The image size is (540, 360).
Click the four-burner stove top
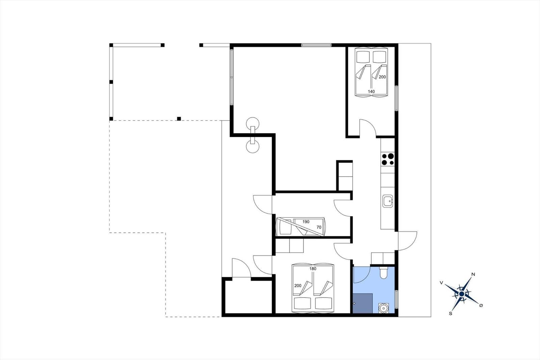388,159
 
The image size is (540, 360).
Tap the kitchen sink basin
388,201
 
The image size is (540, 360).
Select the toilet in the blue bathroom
383,273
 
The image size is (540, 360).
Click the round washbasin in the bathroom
383,308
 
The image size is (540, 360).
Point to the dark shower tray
363,303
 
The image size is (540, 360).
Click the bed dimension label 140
371,92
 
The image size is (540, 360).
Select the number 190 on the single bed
306,222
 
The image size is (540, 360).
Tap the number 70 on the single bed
319,227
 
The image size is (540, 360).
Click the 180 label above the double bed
313,269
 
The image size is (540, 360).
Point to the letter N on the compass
473,274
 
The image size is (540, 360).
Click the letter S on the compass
450,314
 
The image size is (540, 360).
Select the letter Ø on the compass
481,306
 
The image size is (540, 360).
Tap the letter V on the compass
441,283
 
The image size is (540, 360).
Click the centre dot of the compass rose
461,294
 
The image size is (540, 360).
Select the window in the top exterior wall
316,45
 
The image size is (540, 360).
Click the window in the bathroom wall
396,299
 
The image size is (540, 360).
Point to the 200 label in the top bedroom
382,77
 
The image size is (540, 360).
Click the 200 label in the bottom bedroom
298,286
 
